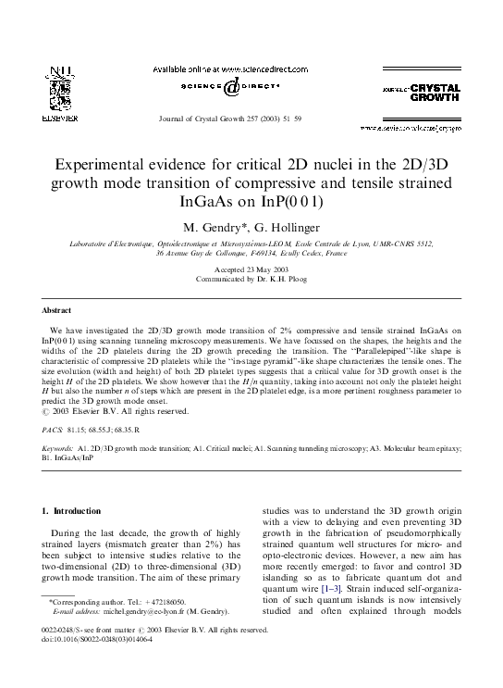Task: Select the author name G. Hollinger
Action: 279,225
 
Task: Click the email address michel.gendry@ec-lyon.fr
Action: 142,639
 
